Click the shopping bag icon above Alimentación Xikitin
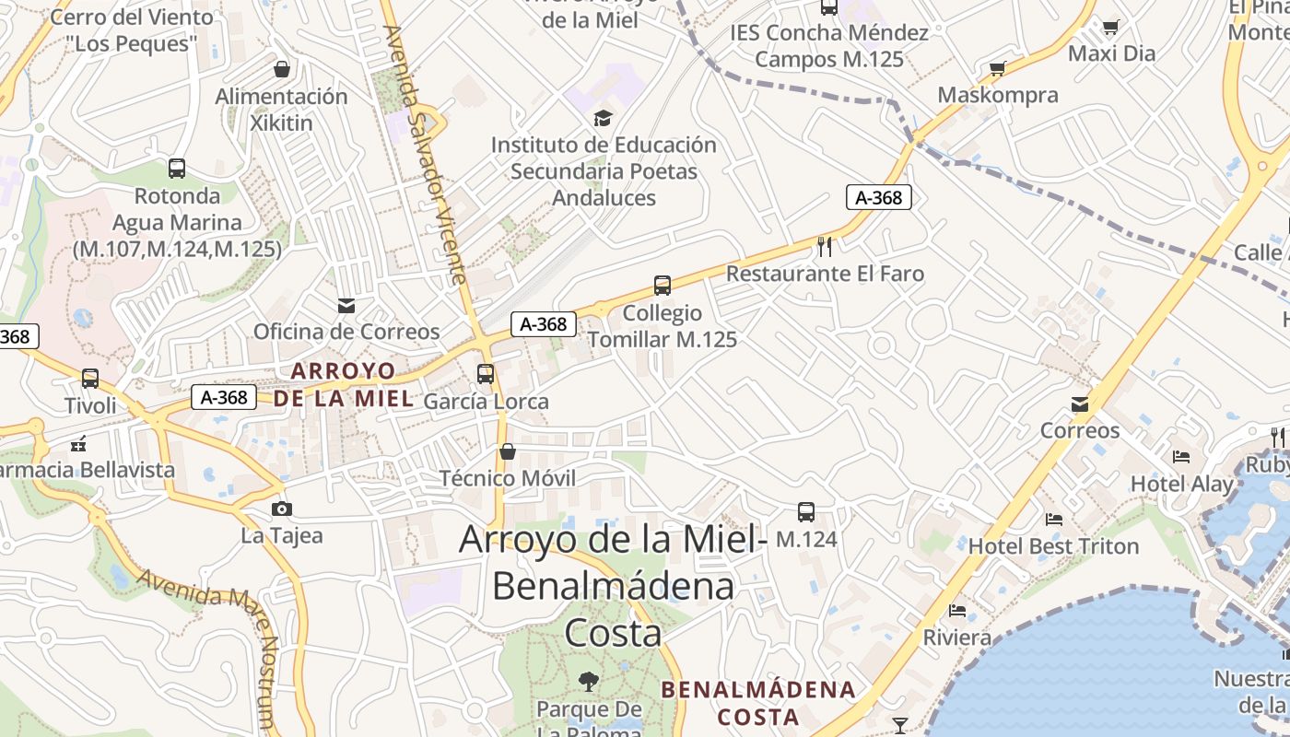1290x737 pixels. tap(282, 69)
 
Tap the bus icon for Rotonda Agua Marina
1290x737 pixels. tap(177, 169)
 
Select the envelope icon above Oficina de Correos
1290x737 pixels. tap(346, 306)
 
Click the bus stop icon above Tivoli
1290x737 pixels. tap(90, 379)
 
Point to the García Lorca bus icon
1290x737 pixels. tap(486, 374)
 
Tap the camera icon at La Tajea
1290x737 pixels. tap(282, 509)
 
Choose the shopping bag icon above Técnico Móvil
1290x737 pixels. tap(507, 451)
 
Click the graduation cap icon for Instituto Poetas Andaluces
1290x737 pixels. tap(603, 118)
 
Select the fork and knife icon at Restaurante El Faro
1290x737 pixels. tap(825, 246)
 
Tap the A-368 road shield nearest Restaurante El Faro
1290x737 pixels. tap(879, 197)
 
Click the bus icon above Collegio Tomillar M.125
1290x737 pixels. tap(662, 286)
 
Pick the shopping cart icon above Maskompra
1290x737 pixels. tap(997, 68)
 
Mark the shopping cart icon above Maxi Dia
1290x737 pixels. tap(1111, 27)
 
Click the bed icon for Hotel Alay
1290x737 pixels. tap(1181, 457)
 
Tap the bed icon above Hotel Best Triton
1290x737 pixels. tap(1054, 520)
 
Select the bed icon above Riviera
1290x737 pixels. tap(957, 610)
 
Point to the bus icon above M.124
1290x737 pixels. tap(806, 512)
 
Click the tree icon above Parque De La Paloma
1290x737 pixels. tap(588, 682)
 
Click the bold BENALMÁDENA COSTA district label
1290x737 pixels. tap(758, 703)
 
